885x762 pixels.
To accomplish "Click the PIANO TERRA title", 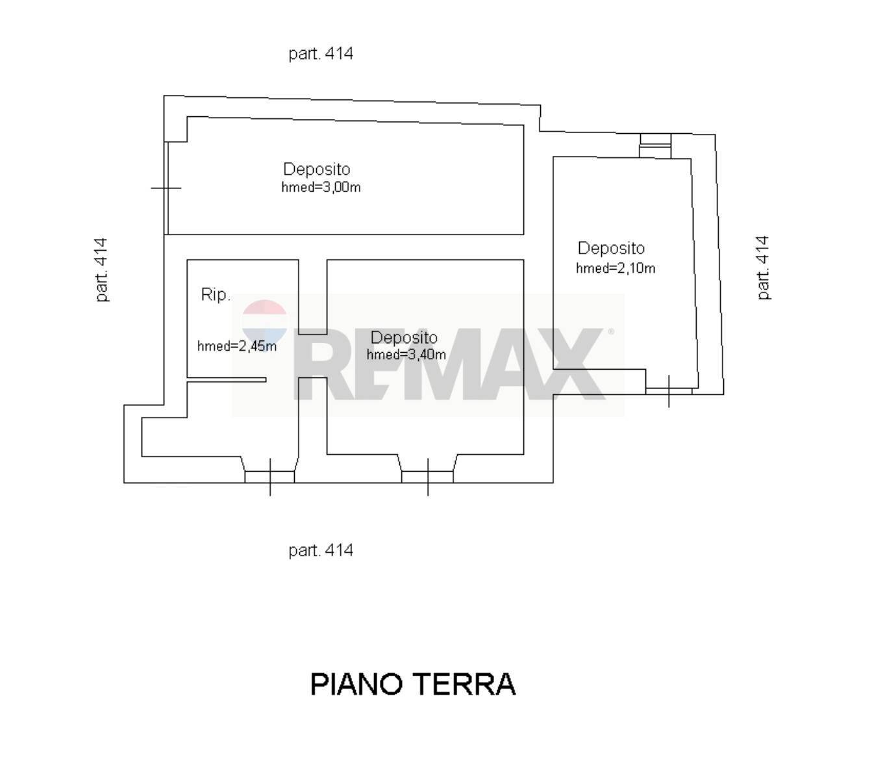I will pyautogui.click(x=413, y=684).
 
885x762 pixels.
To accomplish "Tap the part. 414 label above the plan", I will pyautogui.click(x=321, y=53).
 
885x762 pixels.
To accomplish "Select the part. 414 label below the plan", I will pyautogui.click(x=321, y=550).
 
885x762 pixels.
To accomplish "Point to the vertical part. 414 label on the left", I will pyautogui.click(x=101, y=269).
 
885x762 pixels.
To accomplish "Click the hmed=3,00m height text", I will pyautogui.click(x=321, y=188).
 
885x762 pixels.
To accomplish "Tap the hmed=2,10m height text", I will pyautogui.click(x=616, y=268).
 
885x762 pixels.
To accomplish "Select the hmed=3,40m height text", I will pyautogui.click(x=406, y=355).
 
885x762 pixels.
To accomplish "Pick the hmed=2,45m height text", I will pyautogui.click(x=237, y=346).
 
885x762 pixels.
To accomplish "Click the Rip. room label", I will pyautogui.click(x=216, y=295).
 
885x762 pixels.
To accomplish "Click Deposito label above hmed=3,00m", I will pyautogui.click(x=317, y=170).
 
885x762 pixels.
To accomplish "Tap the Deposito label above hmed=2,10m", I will pyautogui.click(x=611, y=248).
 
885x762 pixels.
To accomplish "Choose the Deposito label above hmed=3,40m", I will pyautogui.click(x=404, y=338).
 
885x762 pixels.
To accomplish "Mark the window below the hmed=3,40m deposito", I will pyautogui.click(x=427, y=476).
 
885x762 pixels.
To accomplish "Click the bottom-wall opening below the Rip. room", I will pyautogui.click(x=269, y=476).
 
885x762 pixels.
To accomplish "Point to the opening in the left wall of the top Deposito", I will pyautogui.click(x=166, y=188).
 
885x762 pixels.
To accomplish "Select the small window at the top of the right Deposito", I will pyautogui.click(x=654, y=146).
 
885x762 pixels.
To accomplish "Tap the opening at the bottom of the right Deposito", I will pyautogui.click(x=669, y=390).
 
